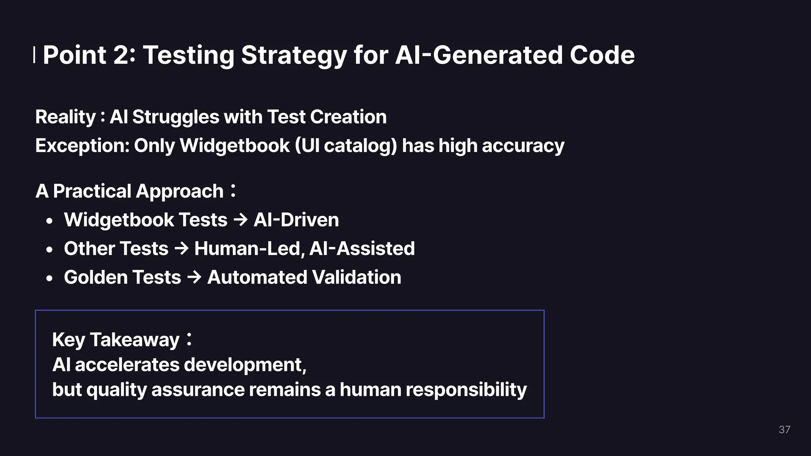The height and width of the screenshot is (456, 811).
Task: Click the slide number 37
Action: click(784, 429)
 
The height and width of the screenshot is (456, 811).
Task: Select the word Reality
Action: click(65, 117)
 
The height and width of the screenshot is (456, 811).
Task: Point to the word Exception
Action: click(82, 146)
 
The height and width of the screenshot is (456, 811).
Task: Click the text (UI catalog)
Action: click(346, 146)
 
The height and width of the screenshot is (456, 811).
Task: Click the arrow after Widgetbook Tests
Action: click(240, 220)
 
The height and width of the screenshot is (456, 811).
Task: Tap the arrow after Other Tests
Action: click(181, 249)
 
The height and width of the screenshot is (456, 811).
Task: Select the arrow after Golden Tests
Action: click(194, 277)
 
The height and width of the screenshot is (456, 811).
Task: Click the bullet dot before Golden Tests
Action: click(49, 279)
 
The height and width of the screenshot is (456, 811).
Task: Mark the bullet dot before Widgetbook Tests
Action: click(49, 221)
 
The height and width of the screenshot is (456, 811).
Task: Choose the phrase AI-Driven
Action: click(296, 220)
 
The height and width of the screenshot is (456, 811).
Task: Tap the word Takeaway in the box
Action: click(135, 340)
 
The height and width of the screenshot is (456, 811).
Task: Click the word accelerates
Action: click(127, 365)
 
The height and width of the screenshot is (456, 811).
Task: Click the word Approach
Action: click(179, 192)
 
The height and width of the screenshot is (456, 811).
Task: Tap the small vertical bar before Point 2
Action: click(34, 55)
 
